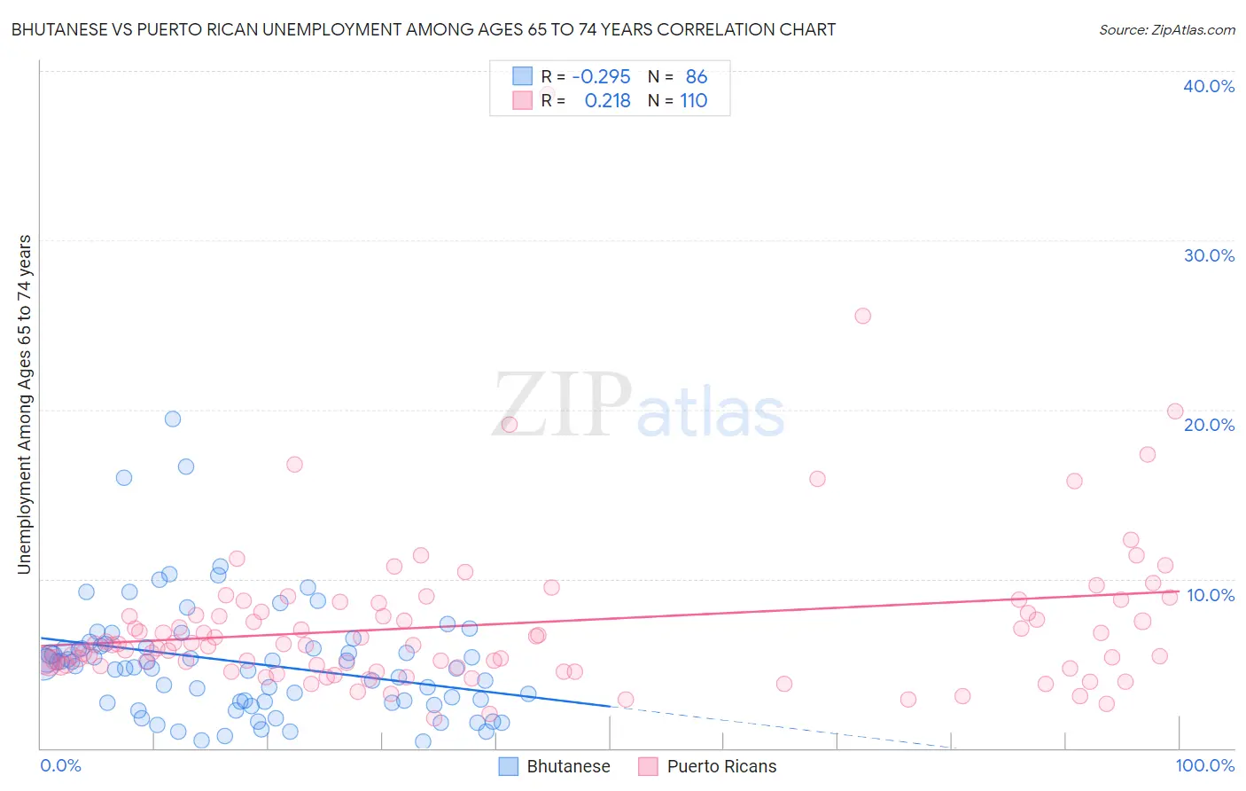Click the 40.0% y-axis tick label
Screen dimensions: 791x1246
(1209, 86)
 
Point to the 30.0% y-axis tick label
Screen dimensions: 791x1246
(1209, 255)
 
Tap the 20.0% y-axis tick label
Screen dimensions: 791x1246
(1209, 425)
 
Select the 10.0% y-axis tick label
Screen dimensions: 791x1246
(1211, 595)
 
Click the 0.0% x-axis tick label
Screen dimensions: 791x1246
(60, 765)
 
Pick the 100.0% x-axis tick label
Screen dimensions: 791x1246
(1204, 765)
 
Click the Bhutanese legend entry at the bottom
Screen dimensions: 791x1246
(555, 767)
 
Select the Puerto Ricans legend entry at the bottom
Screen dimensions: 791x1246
(707, 767)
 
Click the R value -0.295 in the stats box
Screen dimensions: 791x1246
(601, 77)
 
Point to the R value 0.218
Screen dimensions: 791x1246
(607, 101)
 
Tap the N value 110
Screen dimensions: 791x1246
(693, 101)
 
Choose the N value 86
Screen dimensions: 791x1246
(696, 77)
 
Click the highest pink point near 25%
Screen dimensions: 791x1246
(862, 316)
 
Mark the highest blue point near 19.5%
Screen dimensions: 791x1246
(173, 419)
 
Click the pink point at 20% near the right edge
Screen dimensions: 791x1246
(1175, 411)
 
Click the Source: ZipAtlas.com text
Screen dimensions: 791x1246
(1166, 29)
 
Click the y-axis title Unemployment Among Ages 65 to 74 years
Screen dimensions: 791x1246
(24, 404)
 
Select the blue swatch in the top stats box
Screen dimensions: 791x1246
(523, 76)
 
